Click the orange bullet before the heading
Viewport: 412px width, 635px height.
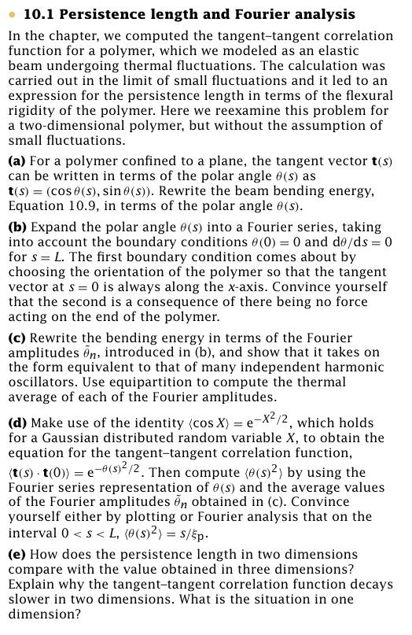(x=13, y=15)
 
